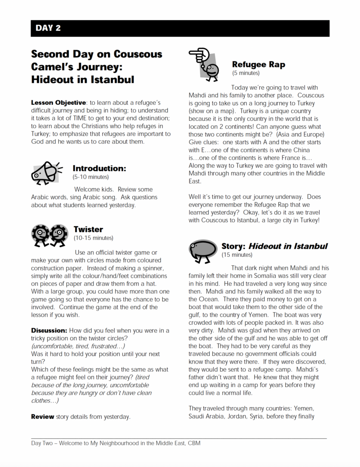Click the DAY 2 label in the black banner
[48, 28]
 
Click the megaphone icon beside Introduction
[46, 172]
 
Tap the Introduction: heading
[99, 168]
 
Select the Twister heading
[88, 229]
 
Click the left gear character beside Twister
[40, 234]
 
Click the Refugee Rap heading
[258, 64]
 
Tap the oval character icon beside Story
[203, 250]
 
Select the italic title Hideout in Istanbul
[288, 246]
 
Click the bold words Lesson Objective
[58, 103]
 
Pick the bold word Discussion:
[49, 330]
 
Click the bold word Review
[42, 416]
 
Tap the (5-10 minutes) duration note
[91, 176]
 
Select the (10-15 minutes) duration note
[93, 238]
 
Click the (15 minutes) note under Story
[237, 255]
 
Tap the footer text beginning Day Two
[116, 443]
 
